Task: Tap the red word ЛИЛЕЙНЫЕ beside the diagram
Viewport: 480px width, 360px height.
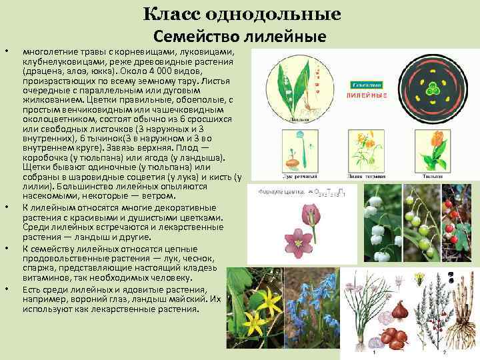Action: pos(367,96)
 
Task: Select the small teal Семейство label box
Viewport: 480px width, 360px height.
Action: pos(366,85)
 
